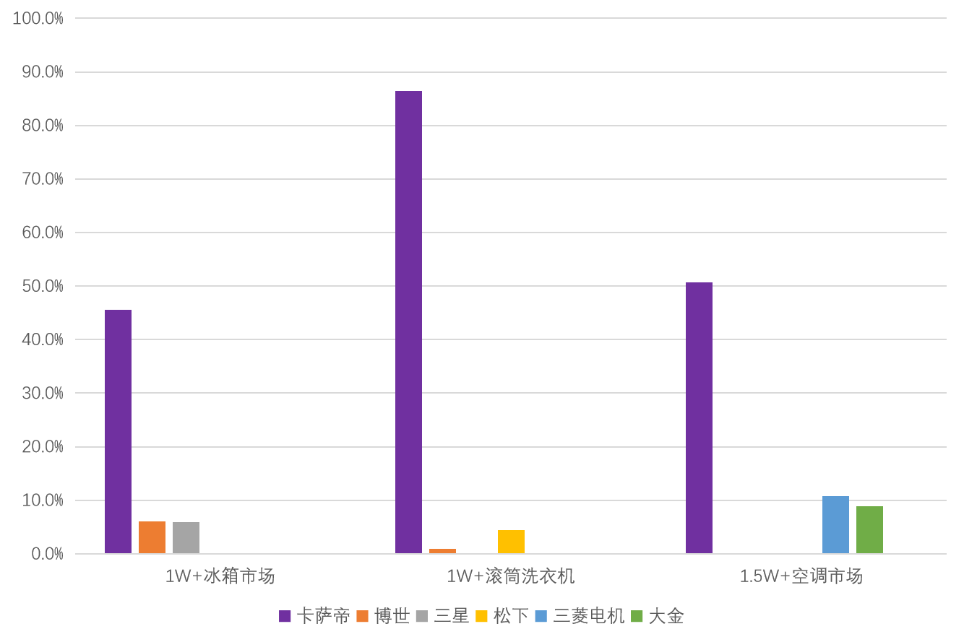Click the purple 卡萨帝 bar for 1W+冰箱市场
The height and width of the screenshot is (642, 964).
pos(118,432)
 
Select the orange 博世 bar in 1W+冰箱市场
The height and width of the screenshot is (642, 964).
pos(152,537)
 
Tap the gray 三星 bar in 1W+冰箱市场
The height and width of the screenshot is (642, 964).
pos(186,537)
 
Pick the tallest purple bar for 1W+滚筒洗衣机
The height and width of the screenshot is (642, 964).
pos(408,322)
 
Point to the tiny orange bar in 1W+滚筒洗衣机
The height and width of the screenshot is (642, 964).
pos(442,551)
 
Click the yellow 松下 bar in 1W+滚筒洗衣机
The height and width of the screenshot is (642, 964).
pos(511,542)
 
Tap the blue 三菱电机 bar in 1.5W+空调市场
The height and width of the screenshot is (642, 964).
pos(835,525)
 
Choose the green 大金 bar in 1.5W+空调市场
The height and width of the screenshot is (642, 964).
pos(869,529)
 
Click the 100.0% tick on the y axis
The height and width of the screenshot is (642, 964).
pos(38,19)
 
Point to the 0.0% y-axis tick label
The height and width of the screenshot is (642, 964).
pos(47,554)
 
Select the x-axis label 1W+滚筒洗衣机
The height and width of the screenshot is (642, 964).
pos(511,576)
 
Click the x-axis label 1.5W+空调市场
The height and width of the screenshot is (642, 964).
pos(801,576)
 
